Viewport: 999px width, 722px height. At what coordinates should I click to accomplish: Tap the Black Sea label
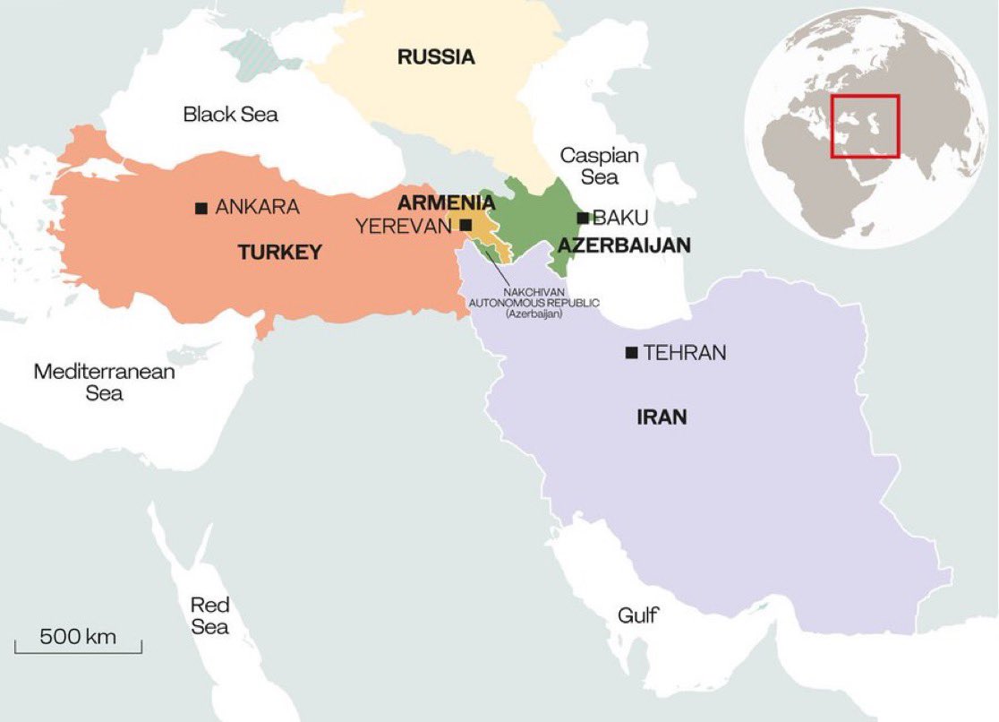click(x=230, y=115)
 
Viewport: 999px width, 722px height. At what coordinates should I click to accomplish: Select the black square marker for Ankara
click(x=201, y=208)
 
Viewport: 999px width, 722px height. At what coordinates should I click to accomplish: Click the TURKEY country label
click(x=279, y=254)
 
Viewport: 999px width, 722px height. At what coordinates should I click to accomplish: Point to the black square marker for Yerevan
click(x=466, y=226)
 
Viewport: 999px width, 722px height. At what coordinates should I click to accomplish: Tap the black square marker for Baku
click(x=583, y=218)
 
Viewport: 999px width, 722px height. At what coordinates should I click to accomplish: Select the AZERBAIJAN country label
click(x=624, y=245)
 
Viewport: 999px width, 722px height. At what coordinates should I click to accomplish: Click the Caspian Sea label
click(x=599, y=166)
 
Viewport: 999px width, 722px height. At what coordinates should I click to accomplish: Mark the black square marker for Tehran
click(x=632, y=354)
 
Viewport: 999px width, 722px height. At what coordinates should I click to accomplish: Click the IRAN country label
click(x=662, y=417)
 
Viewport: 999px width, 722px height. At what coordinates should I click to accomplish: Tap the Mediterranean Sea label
click(x=104, y=382)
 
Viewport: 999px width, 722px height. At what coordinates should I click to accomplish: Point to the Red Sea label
click(x=209, y=615)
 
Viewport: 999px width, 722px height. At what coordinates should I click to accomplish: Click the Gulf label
click(x=637, y=615)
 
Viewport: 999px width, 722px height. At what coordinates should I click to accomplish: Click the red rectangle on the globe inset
click(x=865, y=125)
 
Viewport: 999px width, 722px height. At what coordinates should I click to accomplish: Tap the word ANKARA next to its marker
click(x=258, y=208)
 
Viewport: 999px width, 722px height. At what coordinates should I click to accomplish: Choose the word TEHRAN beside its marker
click(x=685, y=354)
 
